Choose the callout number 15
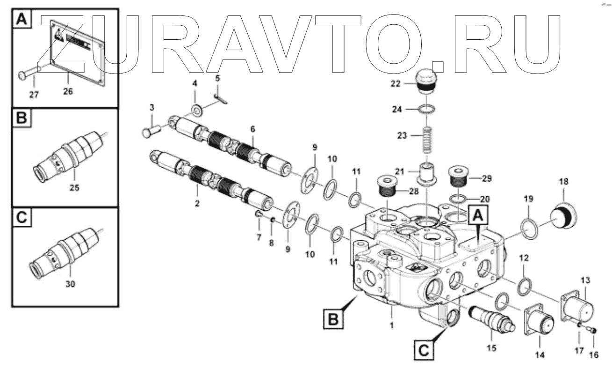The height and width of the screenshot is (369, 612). (x=492, y=348)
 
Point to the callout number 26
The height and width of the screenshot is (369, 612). (x=68, y=92)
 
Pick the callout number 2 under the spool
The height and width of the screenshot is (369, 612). (x=197, y=203)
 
